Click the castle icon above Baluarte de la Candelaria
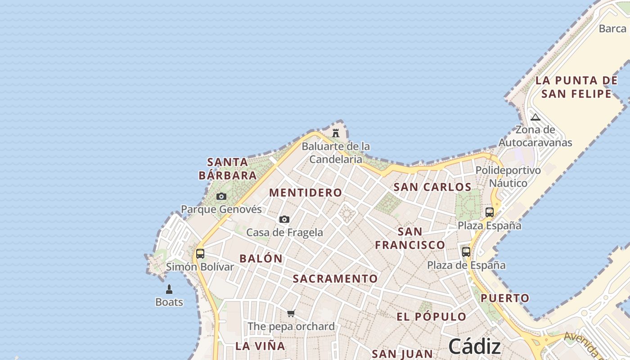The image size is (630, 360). (x=336, y=133)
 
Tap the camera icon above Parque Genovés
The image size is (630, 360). (x=221, y=196)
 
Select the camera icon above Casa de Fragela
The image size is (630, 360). (x=284, y=219)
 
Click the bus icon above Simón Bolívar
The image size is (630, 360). (x=200, y=254)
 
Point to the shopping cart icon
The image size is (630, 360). (x=291, y=313)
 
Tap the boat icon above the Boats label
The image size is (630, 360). (x=169, y=289)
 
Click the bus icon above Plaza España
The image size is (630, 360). (x=490, y=212)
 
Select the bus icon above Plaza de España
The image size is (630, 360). (x=466, y=252)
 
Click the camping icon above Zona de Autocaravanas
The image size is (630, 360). (x=535, y=117)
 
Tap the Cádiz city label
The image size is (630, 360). (x=475, y=346)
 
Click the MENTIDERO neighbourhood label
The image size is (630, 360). (x=306, y=193)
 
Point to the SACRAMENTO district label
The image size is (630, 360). (x=335, y=279)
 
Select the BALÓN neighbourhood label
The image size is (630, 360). (x=261, y=259)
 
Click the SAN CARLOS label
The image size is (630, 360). (x=432, y=187)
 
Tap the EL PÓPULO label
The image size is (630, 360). (x=432, y=316)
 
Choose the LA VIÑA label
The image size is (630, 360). (x=261, y=346)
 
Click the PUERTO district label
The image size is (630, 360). (x=505, y=298)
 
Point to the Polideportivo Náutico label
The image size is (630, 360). (x=508, y=177)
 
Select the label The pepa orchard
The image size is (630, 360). (x=291, y=326)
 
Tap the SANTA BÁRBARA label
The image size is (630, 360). (x=228, y=168)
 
